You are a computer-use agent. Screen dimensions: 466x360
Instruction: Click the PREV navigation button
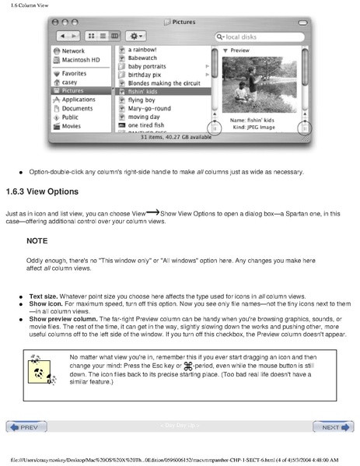[26, 427]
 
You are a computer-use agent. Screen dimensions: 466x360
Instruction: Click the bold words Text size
[46, 296]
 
